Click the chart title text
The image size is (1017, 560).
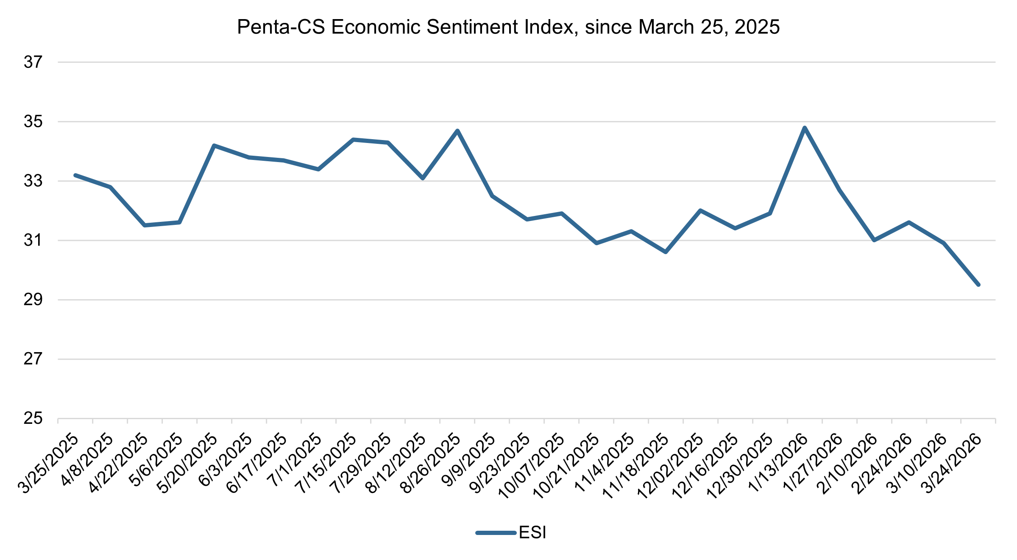(x=508, y=27)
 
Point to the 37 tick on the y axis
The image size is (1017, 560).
(x=33, y=62)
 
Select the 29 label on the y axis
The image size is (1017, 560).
(x=33, y=300)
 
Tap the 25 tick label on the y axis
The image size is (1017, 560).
(x=33, y=419)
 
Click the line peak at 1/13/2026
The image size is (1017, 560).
(x=805, y=128)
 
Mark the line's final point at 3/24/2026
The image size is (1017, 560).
(x=978, y=285)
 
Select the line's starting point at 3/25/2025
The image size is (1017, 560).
(x=75, y=175)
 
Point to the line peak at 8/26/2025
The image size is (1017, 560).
(x=457, y=131)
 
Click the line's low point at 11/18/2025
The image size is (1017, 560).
(x=666, y=252)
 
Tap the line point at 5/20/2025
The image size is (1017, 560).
(x=214, y=146)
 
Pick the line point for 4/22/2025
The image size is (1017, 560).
(x=145, y=225)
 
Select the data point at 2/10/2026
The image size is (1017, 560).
(x=874, y=240)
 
